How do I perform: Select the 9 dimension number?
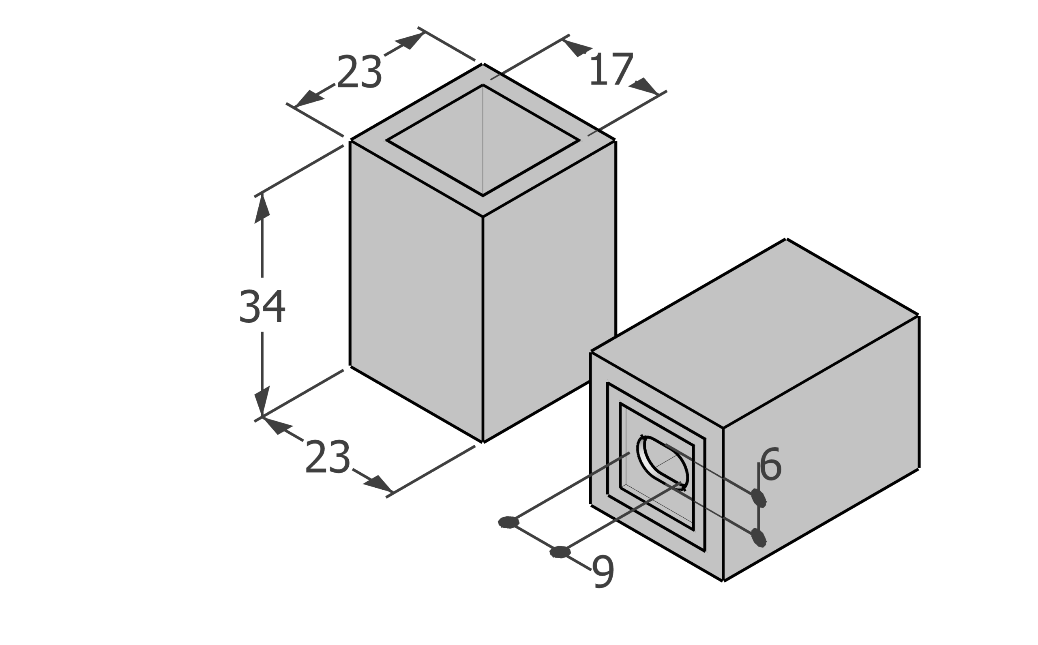point(603,572)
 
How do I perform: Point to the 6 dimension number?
point(770,465)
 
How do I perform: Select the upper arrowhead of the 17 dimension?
point(577,47)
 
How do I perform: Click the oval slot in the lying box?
point(662,463)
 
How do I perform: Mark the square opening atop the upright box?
point(483,140)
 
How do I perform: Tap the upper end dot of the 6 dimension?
point(759,498)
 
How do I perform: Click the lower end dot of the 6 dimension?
point(759,538)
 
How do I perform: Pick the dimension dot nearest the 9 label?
point(560,552)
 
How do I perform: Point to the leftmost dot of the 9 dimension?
point(509,522)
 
